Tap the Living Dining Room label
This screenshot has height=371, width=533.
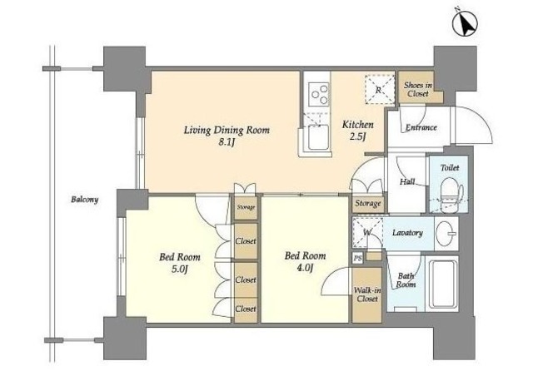coord(227,131)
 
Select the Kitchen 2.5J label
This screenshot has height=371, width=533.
coord(357,131)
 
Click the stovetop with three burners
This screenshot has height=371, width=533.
coord(319,93)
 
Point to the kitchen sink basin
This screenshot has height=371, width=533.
coord(318,137)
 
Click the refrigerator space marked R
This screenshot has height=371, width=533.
coord(380,90)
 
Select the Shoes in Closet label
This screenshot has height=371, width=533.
coord(418,89)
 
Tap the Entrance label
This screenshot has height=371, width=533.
coord(421,127)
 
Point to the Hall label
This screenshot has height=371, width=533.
coord(407,181)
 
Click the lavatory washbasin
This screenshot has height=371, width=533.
coord(446,233)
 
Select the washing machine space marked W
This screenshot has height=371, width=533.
coord(367,233)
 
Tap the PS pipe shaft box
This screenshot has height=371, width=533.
coord(357,259)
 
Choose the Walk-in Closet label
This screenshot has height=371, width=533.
coord(367,294)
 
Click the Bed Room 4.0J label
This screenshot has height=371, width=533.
coord(305,261)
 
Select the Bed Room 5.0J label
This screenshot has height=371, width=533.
coord(180,263)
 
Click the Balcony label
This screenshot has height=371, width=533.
coord(85,200)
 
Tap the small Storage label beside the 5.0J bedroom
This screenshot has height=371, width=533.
coord(246,207)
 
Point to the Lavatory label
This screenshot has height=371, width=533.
coord(407,233)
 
